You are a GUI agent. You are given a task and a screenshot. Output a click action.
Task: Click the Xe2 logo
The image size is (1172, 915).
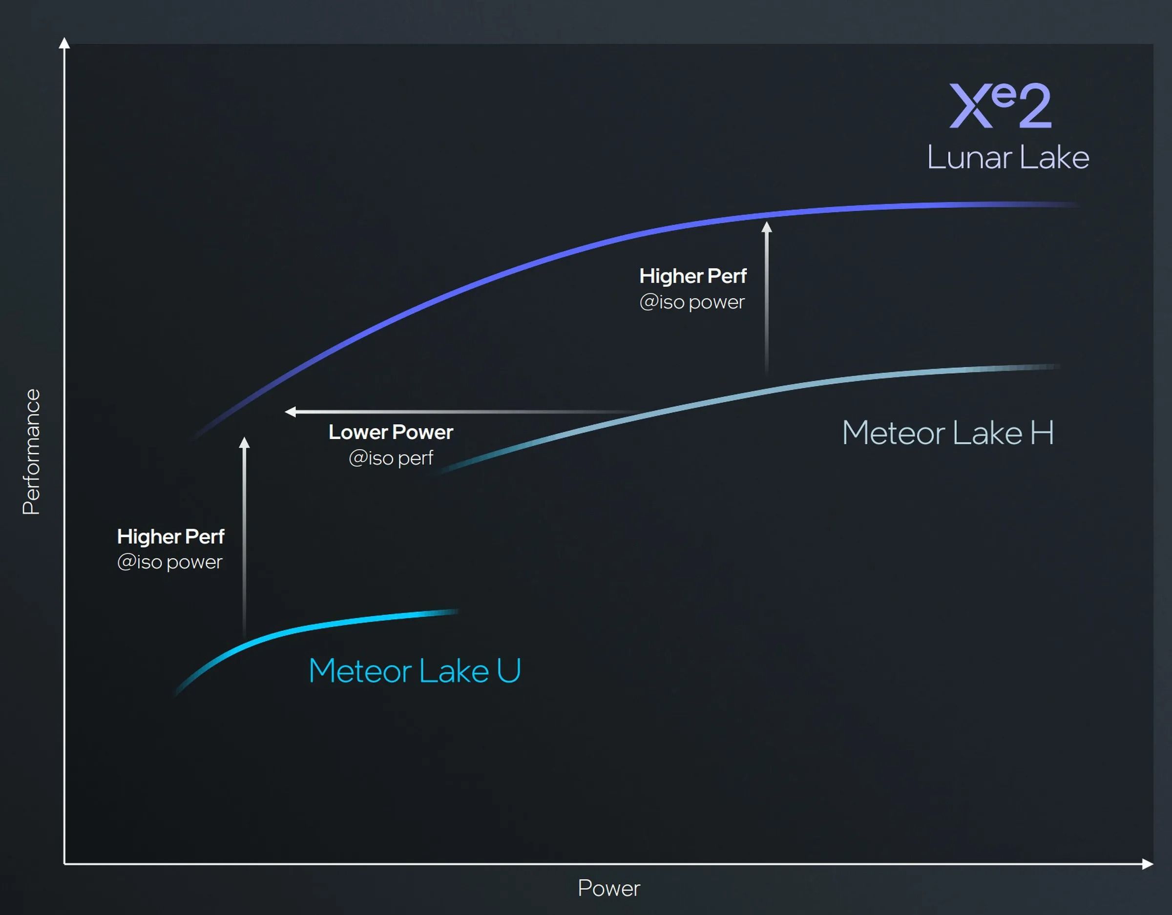point(1000,106)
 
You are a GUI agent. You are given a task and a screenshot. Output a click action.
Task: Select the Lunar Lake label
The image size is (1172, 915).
point(1008,158)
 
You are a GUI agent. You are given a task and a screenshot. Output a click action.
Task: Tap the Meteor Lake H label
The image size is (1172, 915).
point(948,433)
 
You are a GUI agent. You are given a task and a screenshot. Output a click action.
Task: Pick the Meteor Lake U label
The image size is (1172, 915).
point(414,671)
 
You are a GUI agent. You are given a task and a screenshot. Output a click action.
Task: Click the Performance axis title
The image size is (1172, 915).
point(32,452)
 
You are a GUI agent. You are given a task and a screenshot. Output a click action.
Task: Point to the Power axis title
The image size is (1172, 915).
point(608,889)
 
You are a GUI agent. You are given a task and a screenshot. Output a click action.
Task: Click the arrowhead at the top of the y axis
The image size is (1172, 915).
point(64,43)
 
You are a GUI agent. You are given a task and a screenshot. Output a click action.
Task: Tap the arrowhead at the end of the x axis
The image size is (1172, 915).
point(1147,864)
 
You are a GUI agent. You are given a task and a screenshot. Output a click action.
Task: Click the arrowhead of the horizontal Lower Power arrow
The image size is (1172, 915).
point(291,412)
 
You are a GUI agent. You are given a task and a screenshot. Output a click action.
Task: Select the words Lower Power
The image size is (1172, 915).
point(391,433)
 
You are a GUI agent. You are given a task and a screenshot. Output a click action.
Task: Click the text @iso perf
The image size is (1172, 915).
point(391,458)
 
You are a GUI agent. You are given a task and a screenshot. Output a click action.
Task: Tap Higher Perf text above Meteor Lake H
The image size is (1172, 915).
point(693,276)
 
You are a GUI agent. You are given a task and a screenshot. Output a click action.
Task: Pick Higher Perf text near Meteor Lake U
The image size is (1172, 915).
point(170,537)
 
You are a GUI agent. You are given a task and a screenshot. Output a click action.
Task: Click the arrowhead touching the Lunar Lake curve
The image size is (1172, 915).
point(767,228)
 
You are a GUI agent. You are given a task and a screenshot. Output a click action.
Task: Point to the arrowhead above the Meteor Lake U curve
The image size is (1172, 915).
point(244,443)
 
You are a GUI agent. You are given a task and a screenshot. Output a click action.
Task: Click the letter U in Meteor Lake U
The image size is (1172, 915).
point(509,671)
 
